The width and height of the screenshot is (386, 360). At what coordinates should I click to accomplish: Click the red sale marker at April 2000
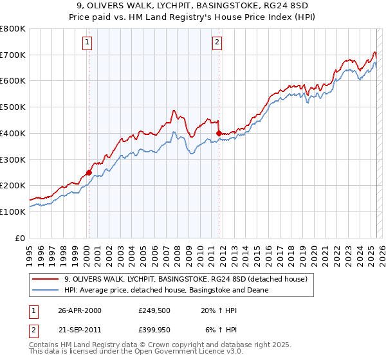tap(89, 172)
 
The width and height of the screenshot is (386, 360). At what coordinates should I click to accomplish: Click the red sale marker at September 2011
tap(219, 133)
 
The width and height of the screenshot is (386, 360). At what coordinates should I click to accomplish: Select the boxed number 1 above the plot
tap(87, 43)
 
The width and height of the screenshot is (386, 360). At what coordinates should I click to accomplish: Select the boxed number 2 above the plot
tap(217, 43)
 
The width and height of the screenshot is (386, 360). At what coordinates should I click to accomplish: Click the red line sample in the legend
tap(46, 279)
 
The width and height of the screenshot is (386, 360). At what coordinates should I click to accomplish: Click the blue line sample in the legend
tap(46, 290)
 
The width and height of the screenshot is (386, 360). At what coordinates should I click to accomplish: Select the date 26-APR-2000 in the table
tap(79, 310)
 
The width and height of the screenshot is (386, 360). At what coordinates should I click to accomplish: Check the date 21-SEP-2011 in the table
tap(79, 332)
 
